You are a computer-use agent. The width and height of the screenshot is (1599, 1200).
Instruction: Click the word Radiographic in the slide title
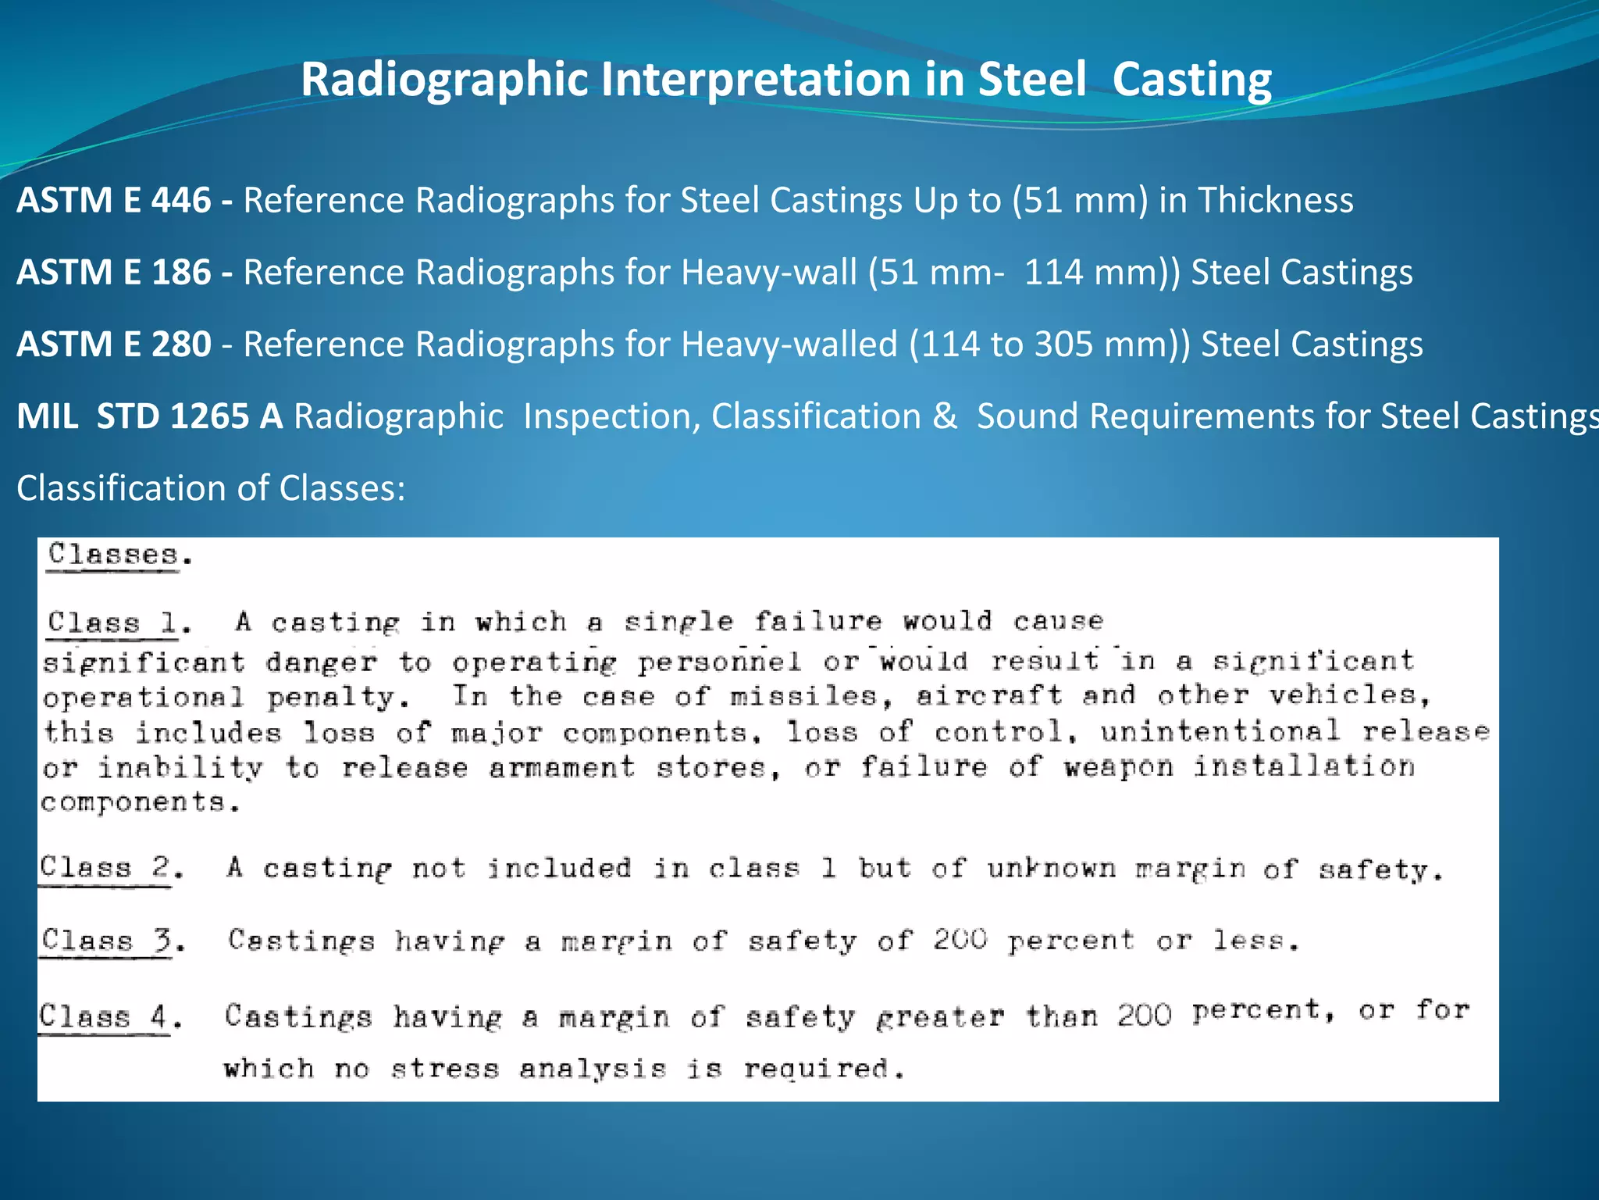coord(444,80)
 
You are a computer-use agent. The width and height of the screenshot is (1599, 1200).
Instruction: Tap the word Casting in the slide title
coord(1191,80)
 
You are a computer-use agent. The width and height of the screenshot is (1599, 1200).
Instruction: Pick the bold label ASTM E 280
coord(114,344)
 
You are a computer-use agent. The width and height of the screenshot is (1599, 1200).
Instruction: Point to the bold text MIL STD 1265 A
coord(150,416)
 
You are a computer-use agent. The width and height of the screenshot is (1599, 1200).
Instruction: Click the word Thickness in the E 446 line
coord(1276,200)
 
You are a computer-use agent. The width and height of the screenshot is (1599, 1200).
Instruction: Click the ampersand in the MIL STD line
coord(945,416)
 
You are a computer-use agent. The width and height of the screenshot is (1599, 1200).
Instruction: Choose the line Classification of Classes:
coord(211,488)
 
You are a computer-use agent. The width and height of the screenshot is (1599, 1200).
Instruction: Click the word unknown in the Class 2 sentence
coord(1051,868)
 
